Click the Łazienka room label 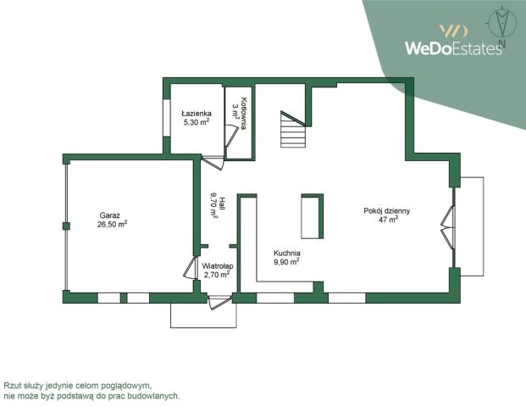tap(197, 114)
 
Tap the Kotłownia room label tap(244, 114)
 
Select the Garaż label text tap(110, 215)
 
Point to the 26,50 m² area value tap(112, 225)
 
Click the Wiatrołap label tap(218, 266)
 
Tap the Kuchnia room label tap(287, 254)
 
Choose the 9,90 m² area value tap(287, 262)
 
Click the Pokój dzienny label tap(387, 211)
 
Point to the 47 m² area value tap(389, 220)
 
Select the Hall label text tap(222, 203)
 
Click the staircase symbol tap(293, 129)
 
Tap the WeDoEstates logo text tap(453, 48)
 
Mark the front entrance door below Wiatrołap tap(219, 302)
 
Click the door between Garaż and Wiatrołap tap(191, 268)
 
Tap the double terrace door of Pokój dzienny tap(448, 227)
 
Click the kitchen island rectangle tap(312, 216)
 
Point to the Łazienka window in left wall tap(167, 118)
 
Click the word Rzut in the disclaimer tap(10, 385)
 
